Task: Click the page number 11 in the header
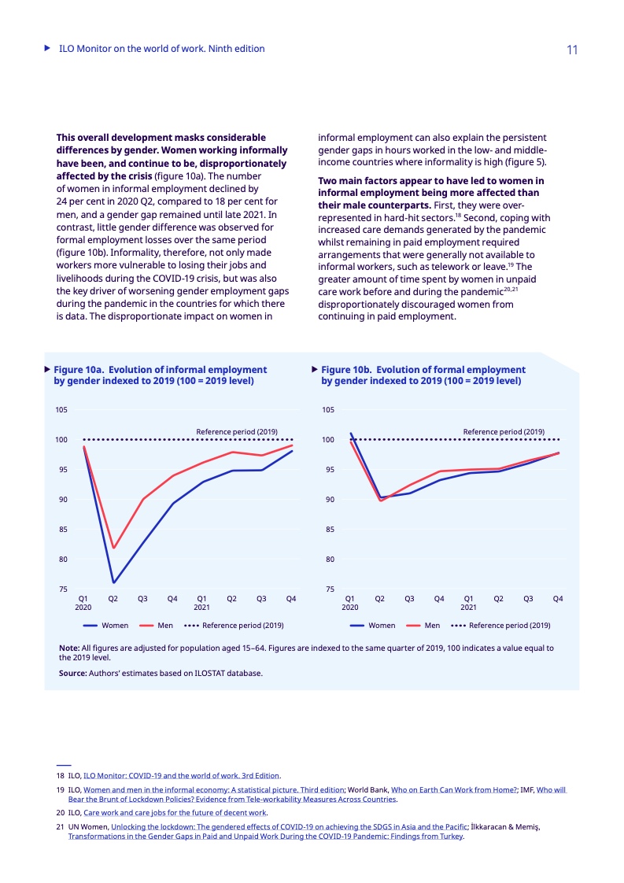pos(572,50)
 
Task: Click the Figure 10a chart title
pos(160,375)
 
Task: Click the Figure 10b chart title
pos(423,375)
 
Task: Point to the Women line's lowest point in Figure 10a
pos(113,582)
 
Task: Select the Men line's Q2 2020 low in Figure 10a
pos(113,548)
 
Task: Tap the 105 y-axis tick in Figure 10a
pos(61,410)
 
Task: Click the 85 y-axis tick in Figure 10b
pos(328,530)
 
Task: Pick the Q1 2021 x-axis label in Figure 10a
pos(201,603)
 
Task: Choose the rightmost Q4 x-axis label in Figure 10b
pos(558,599)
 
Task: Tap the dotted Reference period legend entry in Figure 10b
pos(500,626)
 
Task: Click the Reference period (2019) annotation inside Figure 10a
pos(237,431)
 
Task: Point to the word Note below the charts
pos(68,648)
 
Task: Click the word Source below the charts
pos(72,673)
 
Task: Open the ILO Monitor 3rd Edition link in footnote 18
pos(181,775)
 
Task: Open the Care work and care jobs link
pos(175,812)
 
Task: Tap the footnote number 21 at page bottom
pos(60,826)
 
